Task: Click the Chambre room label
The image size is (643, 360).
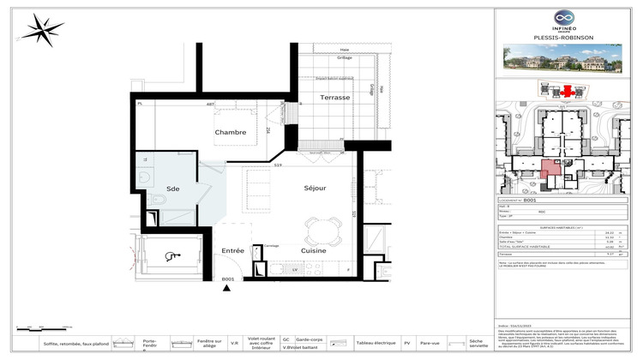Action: tap(231, 132)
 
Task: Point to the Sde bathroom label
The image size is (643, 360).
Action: tap(173, 188)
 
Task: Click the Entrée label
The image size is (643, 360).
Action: tap(233, 250)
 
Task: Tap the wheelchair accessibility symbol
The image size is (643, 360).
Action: tap(174, 255)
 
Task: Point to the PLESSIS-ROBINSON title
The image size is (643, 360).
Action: tap(563, 38)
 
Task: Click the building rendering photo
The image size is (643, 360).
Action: tap(563, 59)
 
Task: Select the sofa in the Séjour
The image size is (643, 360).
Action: tap(258, 186)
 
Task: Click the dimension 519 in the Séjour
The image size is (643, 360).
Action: tap(278, 165)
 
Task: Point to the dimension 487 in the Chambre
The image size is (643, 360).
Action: tap(210, 105)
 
